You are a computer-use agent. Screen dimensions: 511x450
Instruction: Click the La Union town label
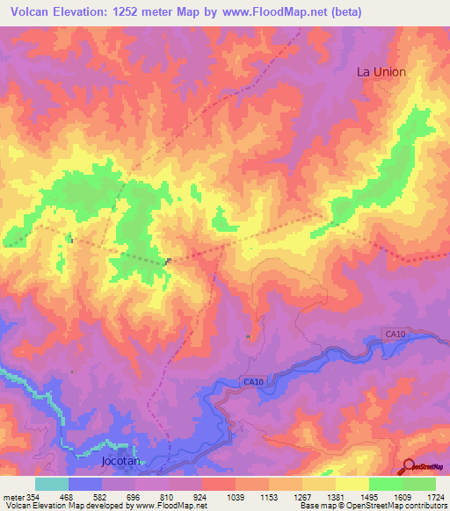[381, 71]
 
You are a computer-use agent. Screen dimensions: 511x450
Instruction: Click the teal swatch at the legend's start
[52, 484]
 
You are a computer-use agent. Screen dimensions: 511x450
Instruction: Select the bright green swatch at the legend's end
[419, 484]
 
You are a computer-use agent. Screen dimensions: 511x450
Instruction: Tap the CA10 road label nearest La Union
[395, 334]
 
